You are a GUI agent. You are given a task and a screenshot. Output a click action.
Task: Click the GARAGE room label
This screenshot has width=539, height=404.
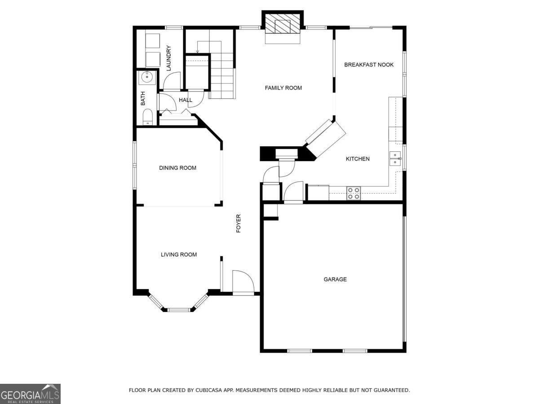coord(335,279)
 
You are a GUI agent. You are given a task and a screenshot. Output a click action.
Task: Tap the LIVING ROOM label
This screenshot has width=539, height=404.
coord(179,255)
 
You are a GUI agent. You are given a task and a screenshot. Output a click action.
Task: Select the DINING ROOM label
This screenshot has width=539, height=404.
coord(177,168)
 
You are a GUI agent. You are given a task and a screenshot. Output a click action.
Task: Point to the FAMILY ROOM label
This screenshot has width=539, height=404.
coord(283,88)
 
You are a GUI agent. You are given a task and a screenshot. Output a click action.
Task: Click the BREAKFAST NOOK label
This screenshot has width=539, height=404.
coord(369,65)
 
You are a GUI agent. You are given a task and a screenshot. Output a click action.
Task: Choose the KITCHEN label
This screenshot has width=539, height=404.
coord(358,159)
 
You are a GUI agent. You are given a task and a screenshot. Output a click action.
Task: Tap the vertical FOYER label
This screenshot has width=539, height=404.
coord(239,223)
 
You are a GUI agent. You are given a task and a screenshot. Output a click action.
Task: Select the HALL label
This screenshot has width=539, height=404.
coord(186,100)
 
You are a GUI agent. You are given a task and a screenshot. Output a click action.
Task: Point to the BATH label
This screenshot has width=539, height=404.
coord(143,98)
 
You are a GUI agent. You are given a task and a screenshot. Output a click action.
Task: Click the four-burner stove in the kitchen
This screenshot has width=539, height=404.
coord(353,193)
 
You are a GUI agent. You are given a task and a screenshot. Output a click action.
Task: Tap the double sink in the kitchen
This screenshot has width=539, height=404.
coord(395,158)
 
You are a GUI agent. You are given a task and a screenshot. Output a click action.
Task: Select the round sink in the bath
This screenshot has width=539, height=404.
coord(146,78)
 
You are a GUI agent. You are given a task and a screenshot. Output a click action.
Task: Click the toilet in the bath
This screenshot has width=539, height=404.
coord(147,118)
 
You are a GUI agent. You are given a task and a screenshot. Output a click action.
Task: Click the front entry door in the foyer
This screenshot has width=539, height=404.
coord(243,283)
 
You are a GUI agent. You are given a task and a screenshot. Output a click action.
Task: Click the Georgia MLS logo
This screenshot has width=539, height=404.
coord(30,394)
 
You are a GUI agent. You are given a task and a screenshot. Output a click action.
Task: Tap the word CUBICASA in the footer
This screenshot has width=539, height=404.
coord(210,391)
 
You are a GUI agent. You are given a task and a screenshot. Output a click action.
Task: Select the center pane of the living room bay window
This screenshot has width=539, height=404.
coord(178,309)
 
